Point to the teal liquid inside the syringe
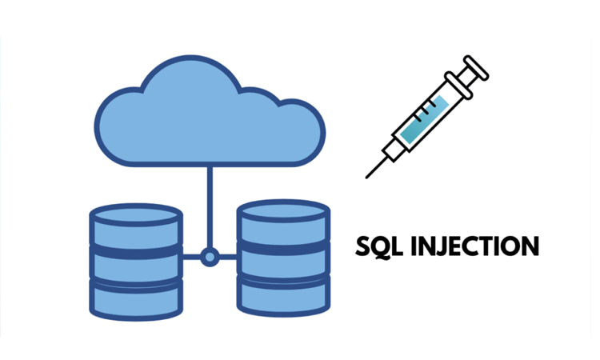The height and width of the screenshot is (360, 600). pyautogui.click(x=423, y=120)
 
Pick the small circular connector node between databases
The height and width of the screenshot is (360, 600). pyautogui.click(x=210, y=258)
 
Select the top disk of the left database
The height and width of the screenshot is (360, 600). pyautogui.click(x=136, y=228)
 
